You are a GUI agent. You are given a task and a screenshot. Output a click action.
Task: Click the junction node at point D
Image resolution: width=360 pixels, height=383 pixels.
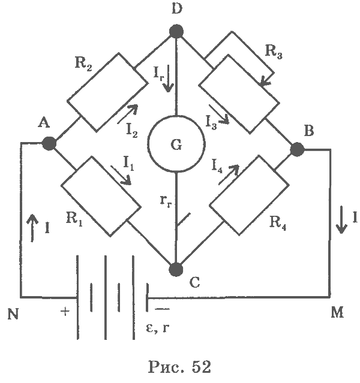click(176, 31)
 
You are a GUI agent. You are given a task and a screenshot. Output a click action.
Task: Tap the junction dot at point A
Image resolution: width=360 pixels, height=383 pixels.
click(49, 143)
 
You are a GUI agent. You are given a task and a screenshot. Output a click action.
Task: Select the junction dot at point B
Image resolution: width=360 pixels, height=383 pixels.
click(297, 149)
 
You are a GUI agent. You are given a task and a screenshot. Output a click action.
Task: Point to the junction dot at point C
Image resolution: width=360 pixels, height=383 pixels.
click(176, 270)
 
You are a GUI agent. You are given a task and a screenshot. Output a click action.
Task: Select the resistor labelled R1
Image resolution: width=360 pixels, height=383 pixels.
click(101, 196)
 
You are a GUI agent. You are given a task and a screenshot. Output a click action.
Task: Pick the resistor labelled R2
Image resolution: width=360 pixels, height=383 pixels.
click(107, 92)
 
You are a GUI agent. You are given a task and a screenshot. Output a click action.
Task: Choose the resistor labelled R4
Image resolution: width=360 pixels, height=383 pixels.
click(250, 195)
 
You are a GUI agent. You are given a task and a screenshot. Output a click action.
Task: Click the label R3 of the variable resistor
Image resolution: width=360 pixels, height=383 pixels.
click(274, 52)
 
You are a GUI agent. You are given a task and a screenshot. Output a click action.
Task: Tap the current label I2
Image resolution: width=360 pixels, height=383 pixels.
click(132, 131)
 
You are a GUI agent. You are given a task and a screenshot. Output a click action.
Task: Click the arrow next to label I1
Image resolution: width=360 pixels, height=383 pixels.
click(121, 175)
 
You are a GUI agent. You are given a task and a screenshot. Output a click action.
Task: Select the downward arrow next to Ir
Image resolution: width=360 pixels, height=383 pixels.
click(168, 79)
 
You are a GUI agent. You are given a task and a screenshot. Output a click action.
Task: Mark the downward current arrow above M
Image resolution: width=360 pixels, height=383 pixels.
click(341, 220)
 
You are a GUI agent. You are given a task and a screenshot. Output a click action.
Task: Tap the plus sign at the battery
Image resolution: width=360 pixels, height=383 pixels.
click(65, 312)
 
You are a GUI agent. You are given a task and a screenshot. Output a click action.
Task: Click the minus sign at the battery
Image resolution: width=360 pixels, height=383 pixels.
click(162, 309)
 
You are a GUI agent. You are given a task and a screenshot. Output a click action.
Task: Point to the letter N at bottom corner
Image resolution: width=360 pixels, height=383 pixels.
click(13, 314)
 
